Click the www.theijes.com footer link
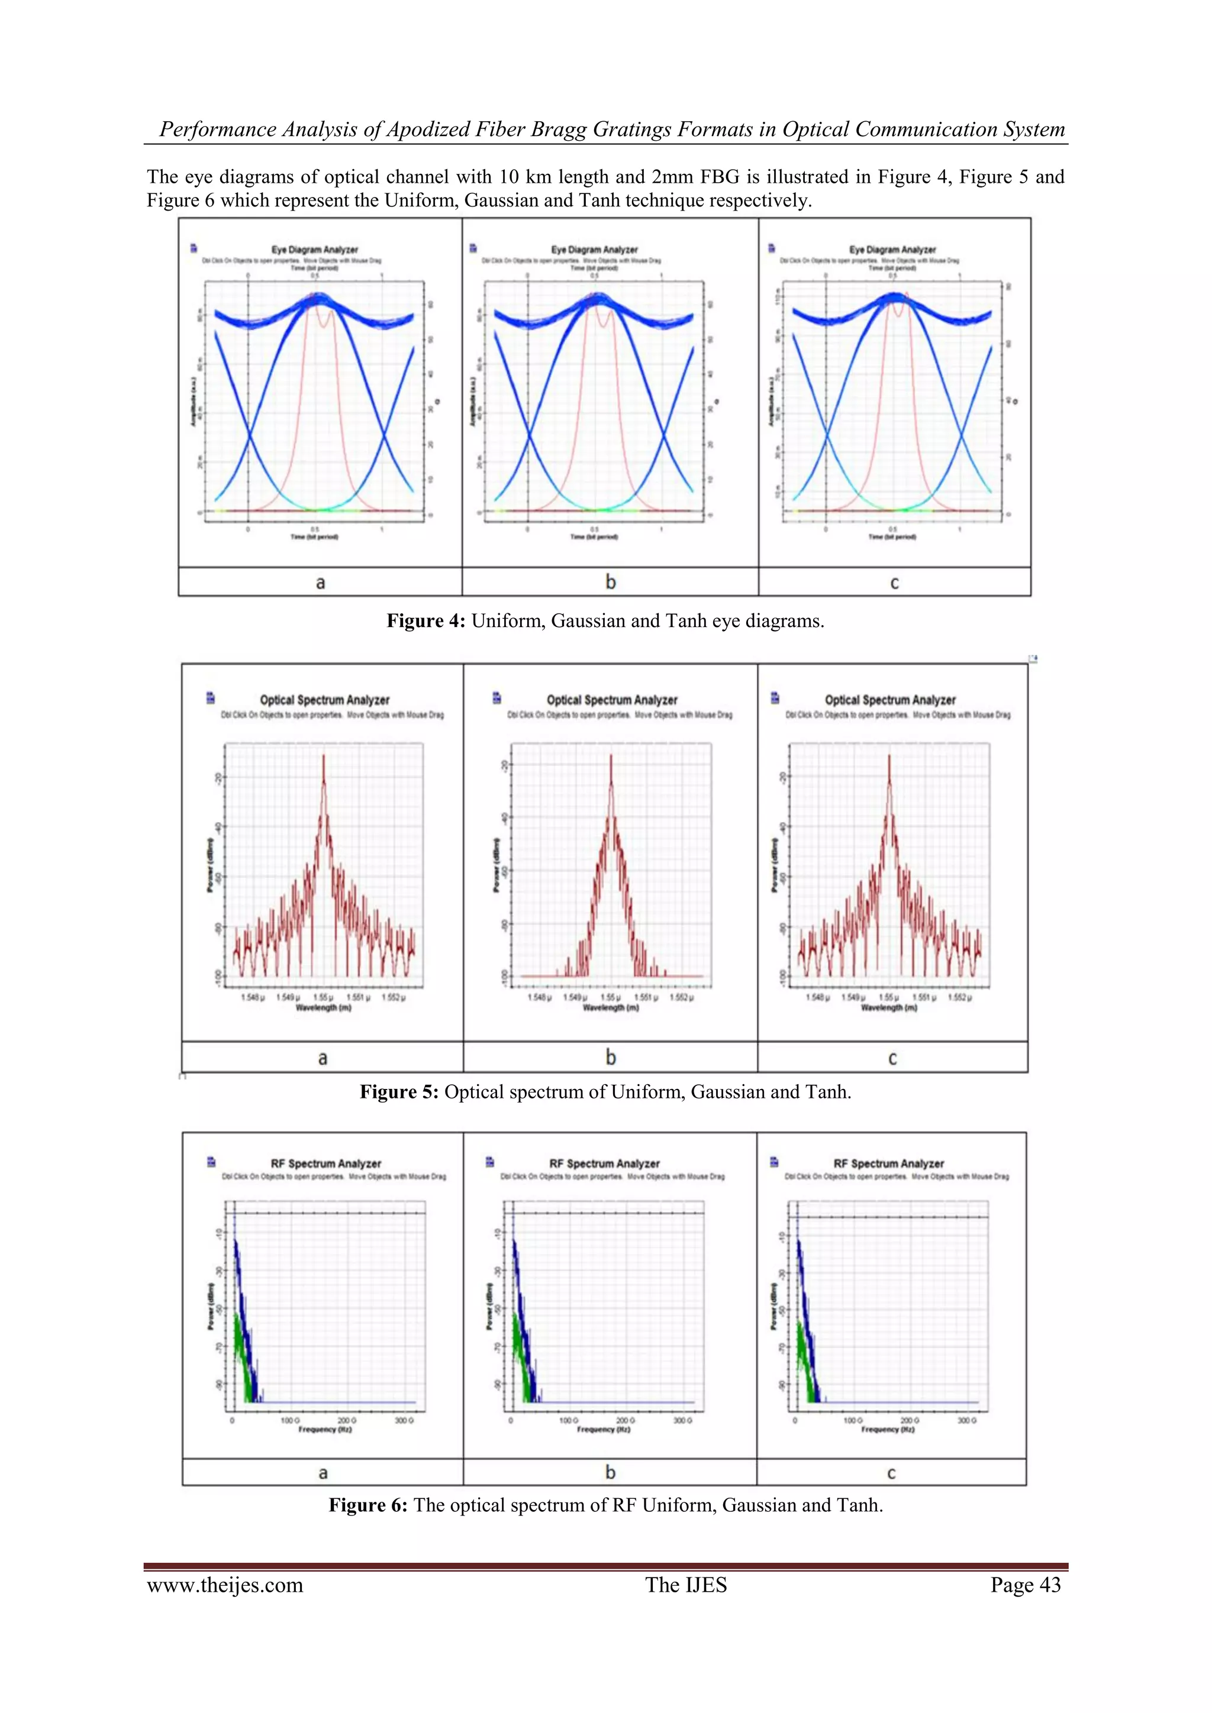pos(225,1585)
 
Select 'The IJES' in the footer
pos(685,1585)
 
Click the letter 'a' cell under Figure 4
pos(320,583)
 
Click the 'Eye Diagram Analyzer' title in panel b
pos(594,249)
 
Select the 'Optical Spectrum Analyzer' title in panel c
pos(889,700)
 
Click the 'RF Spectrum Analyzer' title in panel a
pos(325,1163)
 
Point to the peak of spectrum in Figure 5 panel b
pos(611,756)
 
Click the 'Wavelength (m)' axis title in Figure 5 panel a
pos(323,1007)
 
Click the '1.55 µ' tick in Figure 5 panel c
pos(888,997)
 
